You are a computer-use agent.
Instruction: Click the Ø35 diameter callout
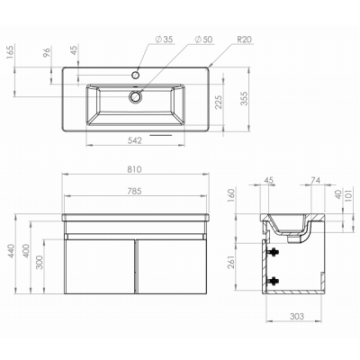pos(164,40)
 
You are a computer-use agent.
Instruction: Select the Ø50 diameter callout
pos(203,40)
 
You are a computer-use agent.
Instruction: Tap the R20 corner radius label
pos(244,40)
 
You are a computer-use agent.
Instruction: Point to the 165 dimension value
pos(11,52)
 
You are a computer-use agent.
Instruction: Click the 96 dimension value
pos(47,52)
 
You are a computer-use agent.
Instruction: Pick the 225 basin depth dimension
pos(220,102)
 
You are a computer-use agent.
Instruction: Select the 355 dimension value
pos(245,98)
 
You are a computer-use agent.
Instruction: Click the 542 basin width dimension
pos(134,140)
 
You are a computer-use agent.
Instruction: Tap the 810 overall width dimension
pos(134,169)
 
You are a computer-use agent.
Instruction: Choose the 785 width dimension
pos(134,191)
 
